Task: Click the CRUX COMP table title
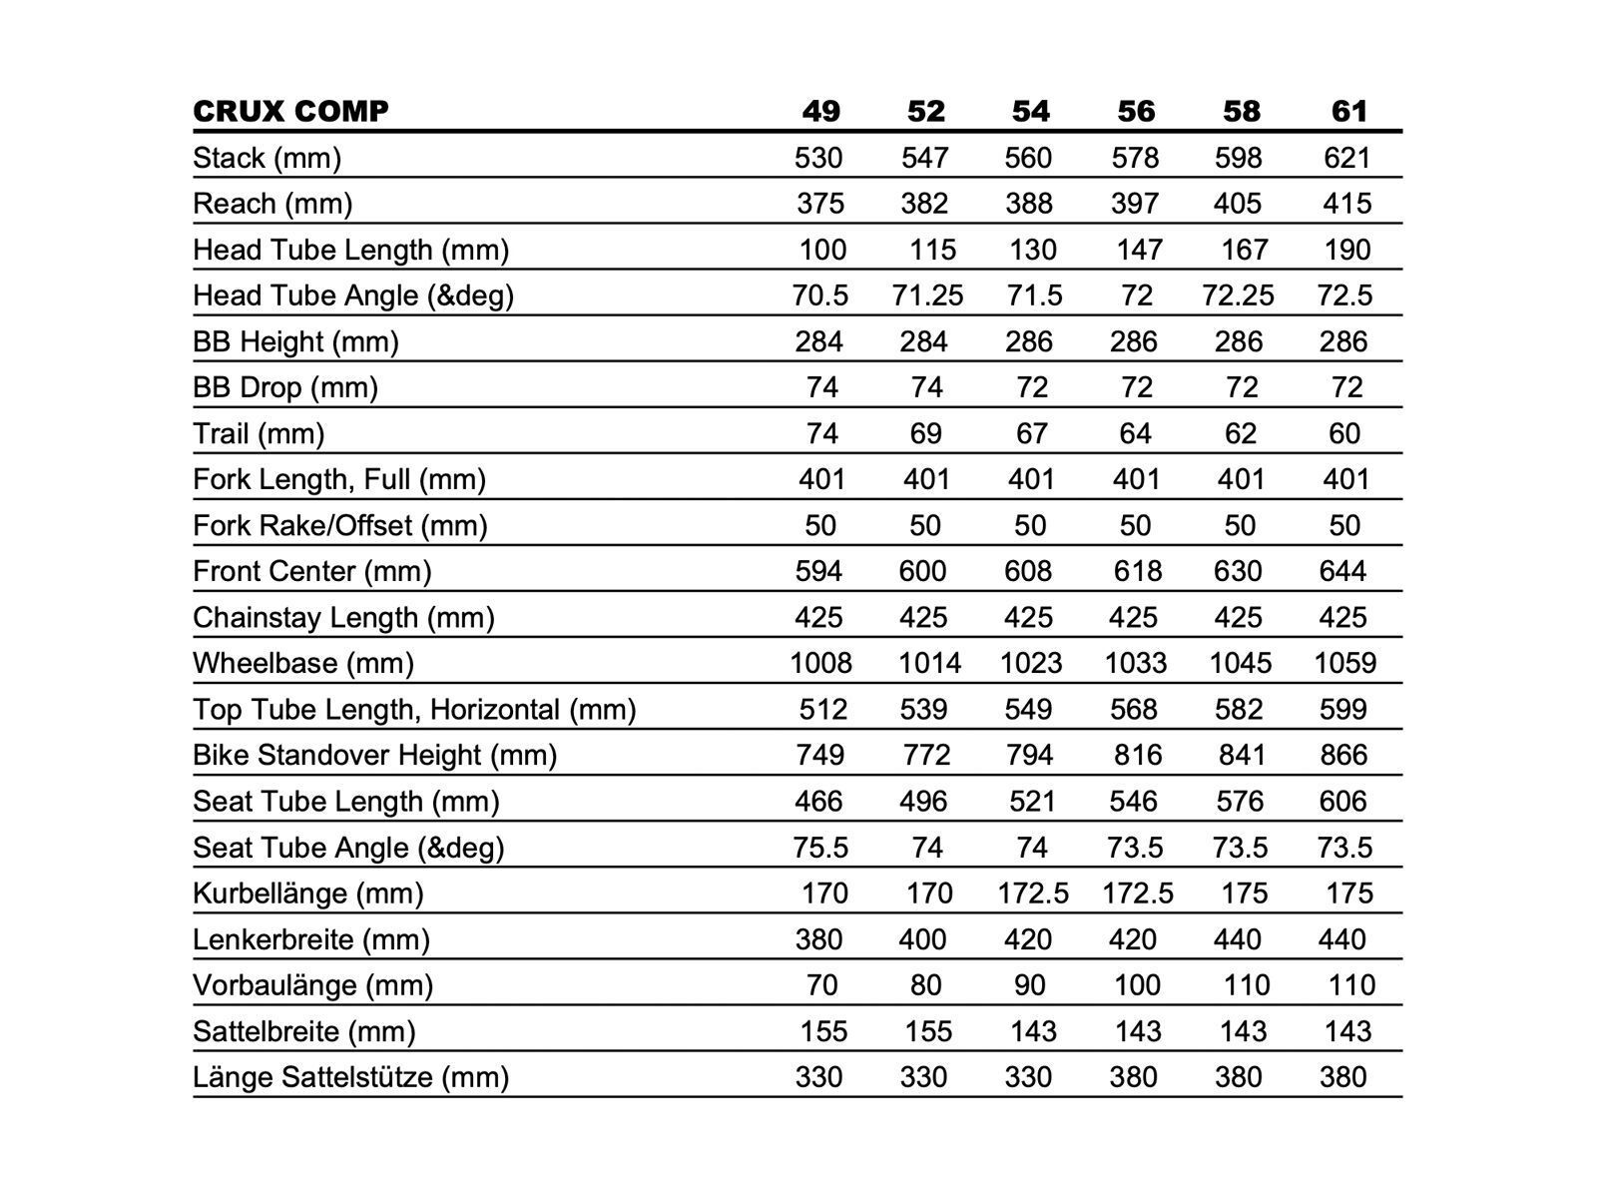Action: coord(290,111)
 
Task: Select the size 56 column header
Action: coord(1136,111)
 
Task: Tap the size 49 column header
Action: coord(820,111)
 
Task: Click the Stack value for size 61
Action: coord(1346,158)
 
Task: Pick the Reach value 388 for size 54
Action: coord(1029,204)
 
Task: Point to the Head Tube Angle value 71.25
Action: coord(927,296)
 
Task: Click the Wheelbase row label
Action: coord(303,663)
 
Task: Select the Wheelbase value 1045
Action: coord(1241,663)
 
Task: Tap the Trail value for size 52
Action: coord(925,433)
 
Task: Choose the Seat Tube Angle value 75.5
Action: coord(820,848)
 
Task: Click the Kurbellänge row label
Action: coord(308,894)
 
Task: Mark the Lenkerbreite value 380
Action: coord(818,939)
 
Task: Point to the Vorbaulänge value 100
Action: coord(1137,985)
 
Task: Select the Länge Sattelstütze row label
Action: coord(350,1077)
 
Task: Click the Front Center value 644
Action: coord(1342,571)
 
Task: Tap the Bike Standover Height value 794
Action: coord(1029,755)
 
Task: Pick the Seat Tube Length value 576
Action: coord(1239,802)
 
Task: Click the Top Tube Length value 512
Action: coord(822,709)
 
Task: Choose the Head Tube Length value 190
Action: coord(1346,250)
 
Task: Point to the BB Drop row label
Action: coord(285,387)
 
